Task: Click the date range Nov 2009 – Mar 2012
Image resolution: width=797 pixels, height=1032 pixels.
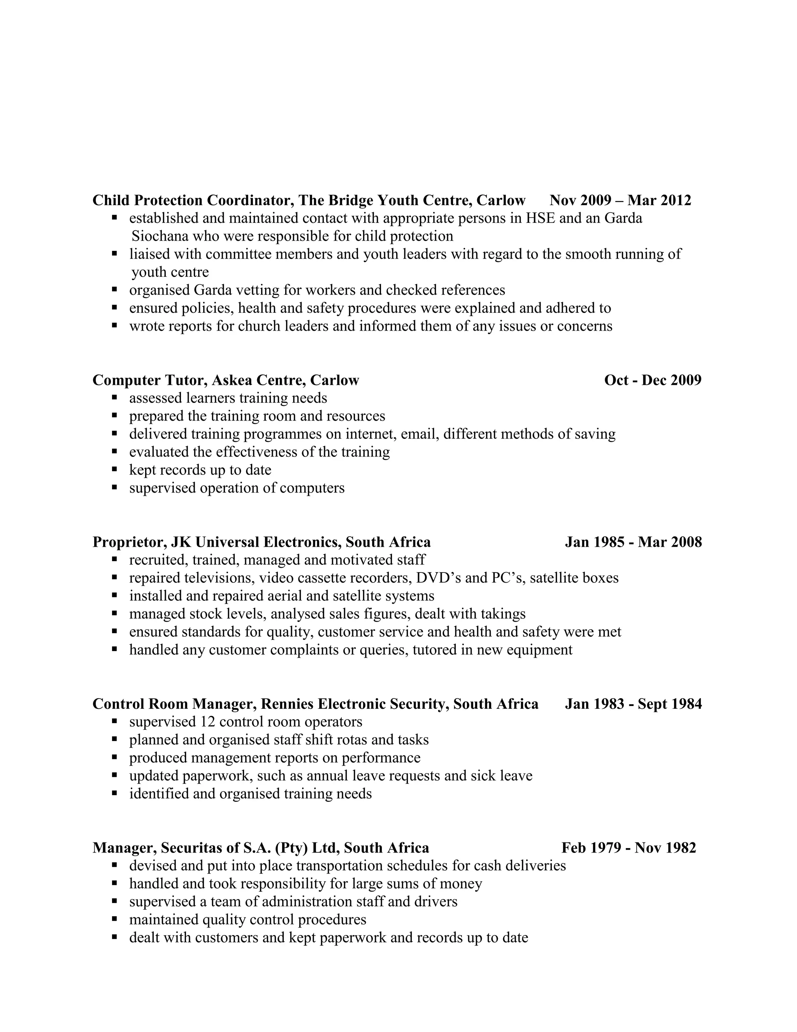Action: point(620,200)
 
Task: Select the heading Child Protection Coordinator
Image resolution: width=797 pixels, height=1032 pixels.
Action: point(193,200)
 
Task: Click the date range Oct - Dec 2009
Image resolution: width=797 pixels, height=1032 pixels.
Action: point(653,380)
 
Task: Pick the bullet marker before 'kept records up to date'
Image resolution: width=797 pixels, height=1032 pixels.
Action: point(114,470)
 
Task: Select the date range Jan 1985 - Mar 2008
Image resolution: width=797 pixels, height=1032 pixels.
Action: point(633,542)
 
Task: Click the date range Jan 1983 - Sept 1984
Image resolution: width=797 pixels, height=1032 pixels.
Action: point(633,704)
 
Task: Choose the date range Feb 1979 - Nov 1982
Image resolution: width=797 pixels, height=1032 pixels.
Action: point(628,848)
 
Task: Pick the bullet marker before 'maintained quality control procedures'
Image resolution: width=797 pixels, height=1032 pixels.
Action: point(114,919)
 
